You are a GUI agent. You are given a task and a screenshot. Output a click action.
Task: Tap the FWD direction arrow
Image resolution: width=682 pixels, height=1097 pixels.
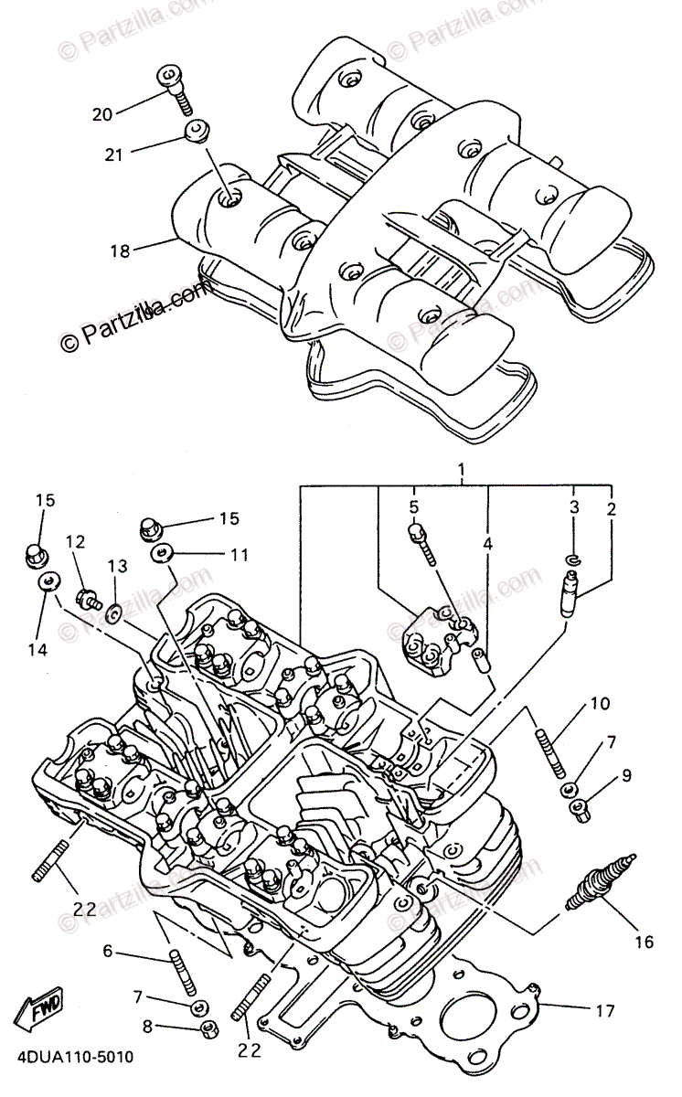pyautogui.click(x=43, y=1012)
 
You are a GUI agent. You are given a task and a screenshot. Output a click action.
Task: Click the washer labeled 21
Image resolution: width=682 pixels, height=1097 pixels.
pyautogui.click(x=193, y=131)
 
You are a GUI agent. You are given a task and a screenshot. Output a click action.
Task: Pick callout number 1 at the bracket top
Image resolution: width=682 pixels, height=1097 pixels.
pyautogui.click(x=462, y=472)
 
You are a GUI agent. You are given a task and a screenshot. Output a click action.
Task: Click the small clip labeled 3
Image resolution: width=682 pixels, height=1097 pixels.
pyautogui.click(x=573, y=559)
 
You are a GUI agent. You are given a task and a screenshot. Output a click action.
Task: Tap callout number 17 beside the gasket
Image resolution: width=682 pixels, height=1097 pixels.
pyautogui.click(x=604, y=1011)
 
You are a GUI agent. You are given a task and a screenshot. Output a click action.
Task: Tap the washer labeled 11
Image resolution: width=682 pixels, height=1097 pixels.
pyautogui.click(x=165, y=553)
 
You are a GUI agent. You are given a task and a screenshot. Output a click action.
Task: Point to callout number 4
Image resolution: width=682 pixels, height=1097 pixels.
pyautogui.click(x=488, y=543)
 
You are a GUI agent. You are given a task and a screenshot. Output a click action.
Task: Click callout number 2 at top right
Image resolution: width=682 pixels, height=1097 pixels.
pyautogui.click(x=611, y=506)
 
